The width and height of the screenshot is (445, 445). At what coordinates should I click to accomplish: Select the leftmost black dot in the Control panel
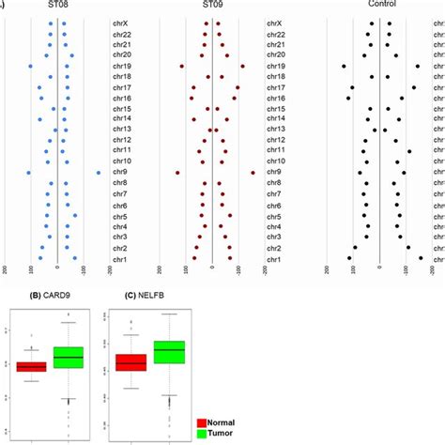pyautogui.click(x=344, y=67)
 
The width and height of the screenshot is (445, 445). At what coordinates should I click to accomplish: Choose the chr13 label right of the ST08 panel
pyautogui.click(x=121, y=129)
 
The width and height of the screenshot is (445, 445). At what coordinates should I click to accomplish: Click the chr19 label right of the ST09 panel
pyautogui.click(x=276, y=67)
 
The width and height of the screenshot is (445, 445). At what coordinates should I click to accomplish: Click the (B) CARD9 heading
pyautogui.click(x=51, y=302)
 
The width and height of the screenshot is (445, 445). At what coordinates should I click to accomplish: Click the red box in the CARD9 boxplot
pyautogui.click(x=32, y=367)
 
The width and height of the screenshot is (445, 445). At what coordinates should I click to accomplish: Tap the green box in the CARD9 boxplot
pyautogui.click(x=69, y=358)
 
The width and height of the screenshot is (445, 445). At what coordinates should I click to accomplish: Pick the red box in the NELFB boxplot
pyautogui.click(x=130, y=363)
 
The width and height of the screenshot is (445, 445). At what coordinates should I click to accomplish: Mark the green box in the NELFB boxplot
pyautogui.click(x=169, y=352)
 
